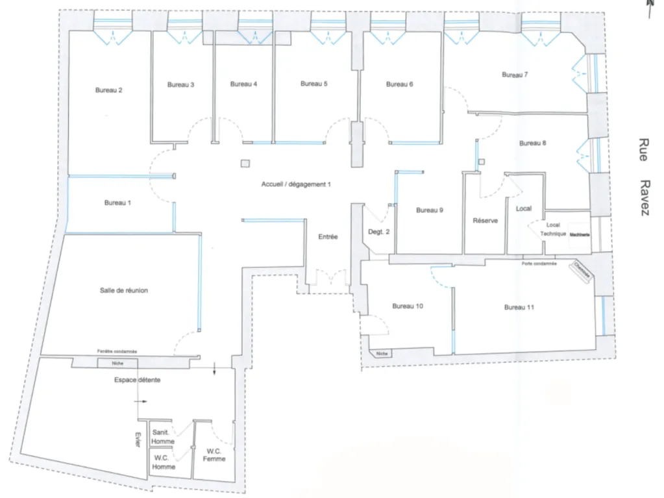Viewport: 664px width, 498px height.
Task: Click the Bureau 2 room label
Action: point(109,90)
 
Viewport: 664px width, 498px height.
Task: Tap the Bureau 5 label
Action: point(314,84)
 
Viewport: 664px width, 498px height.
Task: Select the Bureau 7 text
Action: point(515,75)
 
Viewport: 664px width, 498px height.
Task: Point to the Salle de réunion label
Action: point(124,290)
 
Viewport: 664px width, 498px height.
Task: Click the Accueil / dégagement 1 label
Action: point(296,184)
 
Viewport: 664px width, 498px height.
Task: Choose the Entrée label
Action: point(328,237)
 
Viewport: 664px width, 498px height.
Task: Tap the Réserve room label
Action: point(486,221)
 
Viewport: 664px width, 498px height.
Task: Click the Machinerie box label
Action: point(580,234)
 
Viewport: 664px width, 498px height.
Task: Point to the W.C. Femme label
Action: point(214,455)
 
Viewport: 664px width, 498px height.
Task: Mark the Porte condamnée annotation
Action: point(539,264)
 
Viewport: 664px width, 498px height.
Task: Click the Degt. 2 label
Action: point(378,232)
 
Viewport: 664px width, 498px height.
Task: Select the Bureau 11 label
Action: point(519,307)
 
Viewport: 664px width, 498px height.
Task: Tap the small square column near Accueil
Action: point(245,164)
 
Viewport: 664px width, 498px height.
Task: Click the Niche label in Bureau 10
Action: point(382,354)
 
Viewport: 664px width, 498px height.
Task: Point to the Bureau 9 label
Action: point(430,210)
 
